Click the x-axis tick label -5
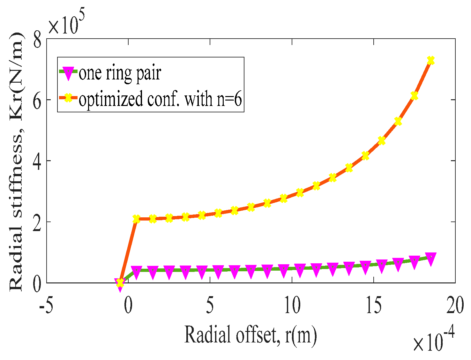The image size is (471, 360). coord(46,305)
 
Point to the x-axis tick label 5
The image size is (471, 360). coord(210,305)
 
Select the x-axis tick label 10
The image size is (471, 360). coord(292,305)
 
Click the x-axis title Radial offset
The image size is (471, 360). coord(251,335)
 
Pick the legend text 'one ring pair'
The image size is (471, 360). coord(120,73)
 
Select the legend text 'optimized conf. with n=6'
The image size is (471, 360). coord(161,99)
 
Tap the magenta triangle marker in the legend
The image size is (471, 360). coord(68,73)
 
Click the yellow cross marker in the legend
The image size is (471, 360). coord(68,99)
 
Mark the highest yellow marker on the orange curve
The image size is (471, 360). coord(430,61)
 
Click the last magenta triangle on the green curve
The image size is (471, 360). coord(430,259)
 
